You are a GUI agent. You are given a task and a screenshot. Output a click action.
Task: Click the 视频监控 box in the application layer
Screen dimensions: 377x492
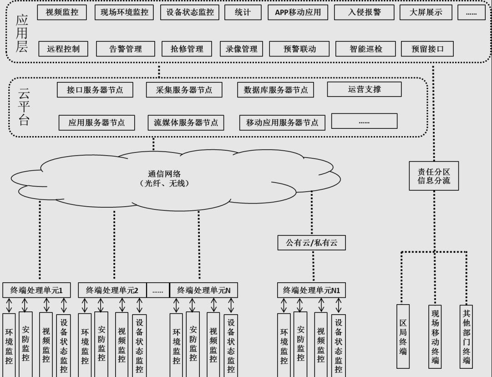[x=63, y=13]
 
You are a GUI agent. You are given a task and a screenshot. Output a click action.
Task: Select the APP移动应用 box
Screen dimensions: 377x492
[x=298, y=13]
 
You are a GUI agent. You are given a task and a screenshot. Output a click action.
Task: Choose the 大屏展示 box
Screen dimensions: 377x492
[x=426, y=13]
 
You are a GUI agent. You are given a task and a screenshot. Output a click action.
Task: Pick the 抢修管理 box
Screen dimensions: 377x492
[x=187, y=49]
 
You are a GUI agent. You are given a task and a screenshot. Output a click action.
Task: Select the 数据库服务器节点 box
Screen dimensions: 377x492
[x=273, y=90]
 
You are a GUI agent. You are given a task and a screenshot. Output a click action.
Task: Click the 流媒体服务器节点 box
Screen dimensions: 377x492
[x=186, y=122]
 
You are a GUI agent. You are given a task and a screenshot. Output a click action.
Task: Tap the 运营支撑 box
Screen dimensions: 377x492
[x=364, y=89]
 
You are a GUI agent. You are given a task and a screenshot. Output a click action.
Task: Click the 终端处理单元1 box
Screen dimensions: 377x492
[x=38, y=290]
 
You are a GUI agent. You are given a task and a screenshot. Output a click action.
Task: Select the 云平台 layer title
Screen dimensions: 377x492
[x=23, y=107]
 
